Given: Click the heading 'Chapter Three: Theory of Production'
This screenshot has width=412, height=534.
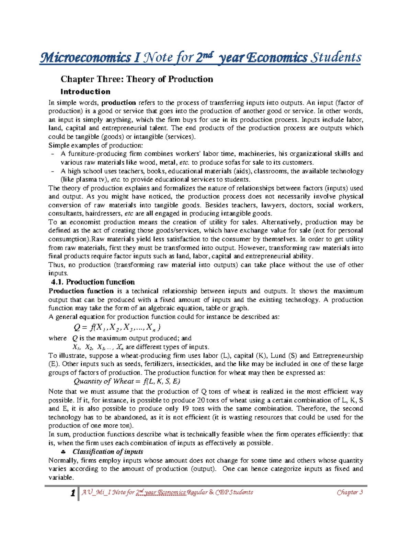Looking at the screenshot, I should point(137,79).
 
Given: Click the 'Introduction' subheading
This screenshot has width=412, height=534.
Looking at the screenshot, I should point(85,92).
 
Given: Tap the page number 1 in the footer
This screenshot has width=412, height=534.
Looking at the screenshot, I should point(73,493).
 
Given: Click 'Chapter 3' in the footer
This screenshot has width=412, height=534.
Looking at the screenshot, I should point(350,492).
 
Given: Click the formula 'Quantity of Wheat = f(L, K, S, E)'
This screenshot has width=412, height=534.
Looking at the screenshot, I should point(127,381).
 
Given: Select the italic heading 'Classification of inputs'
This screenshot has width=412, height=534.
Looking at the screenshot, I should point(108,452).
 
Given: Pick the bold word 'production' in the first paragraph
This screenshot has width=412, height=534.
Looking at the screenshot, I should point(118,103).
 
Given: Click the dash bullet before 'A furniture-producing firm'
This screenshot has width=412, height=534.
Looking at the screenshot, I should point(52,154).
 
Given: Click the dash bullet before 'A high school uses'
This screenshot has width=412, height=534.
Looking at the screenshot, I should point(52,171).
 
